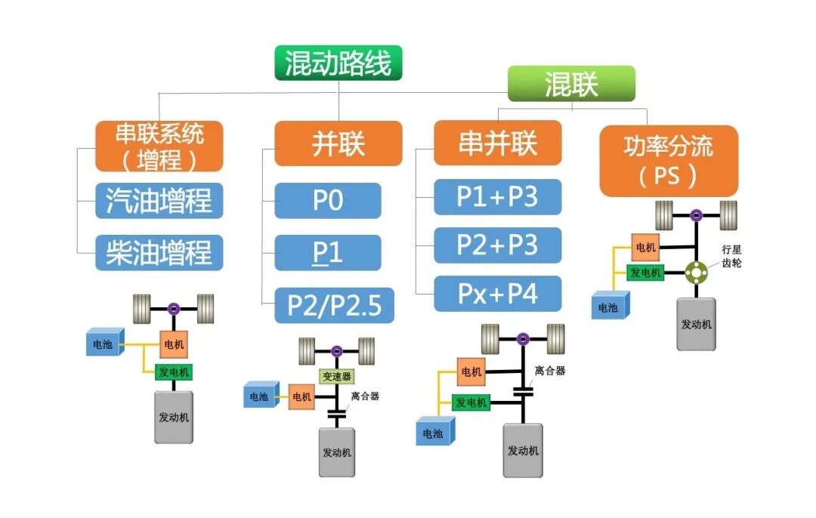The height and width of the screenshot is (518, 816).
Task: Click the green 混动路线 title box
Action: coord(338,63)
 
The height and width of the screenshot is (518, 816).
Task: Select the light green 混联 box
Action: coord(570,84)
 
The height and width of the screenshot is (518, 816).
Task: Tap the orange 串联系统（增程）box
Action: coord(159,146)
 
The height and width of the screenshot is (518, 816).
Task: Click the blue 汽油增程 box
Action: coord(159,201)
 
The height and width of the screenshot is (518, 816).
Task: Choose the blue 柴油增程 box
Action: coord(159,252)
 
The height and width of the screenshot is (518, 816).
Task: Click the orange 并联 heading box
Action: coord(338,143)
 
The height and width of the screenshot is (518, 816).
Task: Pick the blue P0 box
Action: coord(327,201)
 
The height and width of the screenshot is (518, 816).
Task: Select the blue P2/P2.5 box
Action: coord(334,305)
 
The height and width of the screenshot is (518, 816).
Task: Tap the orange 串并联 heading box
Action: coord(497,143)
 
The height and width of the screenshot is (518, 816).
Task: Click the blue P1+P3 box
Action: coord(497,197)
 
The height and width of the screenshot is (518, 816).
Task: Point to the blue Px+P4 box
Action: coord(497,294)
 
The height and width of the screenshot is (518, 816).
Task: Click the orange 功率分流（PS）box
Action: coord(668,161)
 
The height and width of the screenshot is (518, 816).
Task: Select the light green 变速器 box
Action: coord(336,376)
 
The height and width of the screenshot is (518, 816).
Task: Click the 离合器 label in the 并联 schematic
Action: coord(365,396)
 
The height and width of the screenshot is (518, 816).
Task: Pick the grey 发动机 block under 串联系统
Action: coord(174,417)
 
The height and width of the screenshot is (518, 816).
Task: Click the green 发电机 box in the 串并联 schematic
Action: coord(471,402)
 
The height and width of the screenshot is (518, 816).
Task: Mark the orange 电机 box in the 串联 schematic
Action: coord(173,344)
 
